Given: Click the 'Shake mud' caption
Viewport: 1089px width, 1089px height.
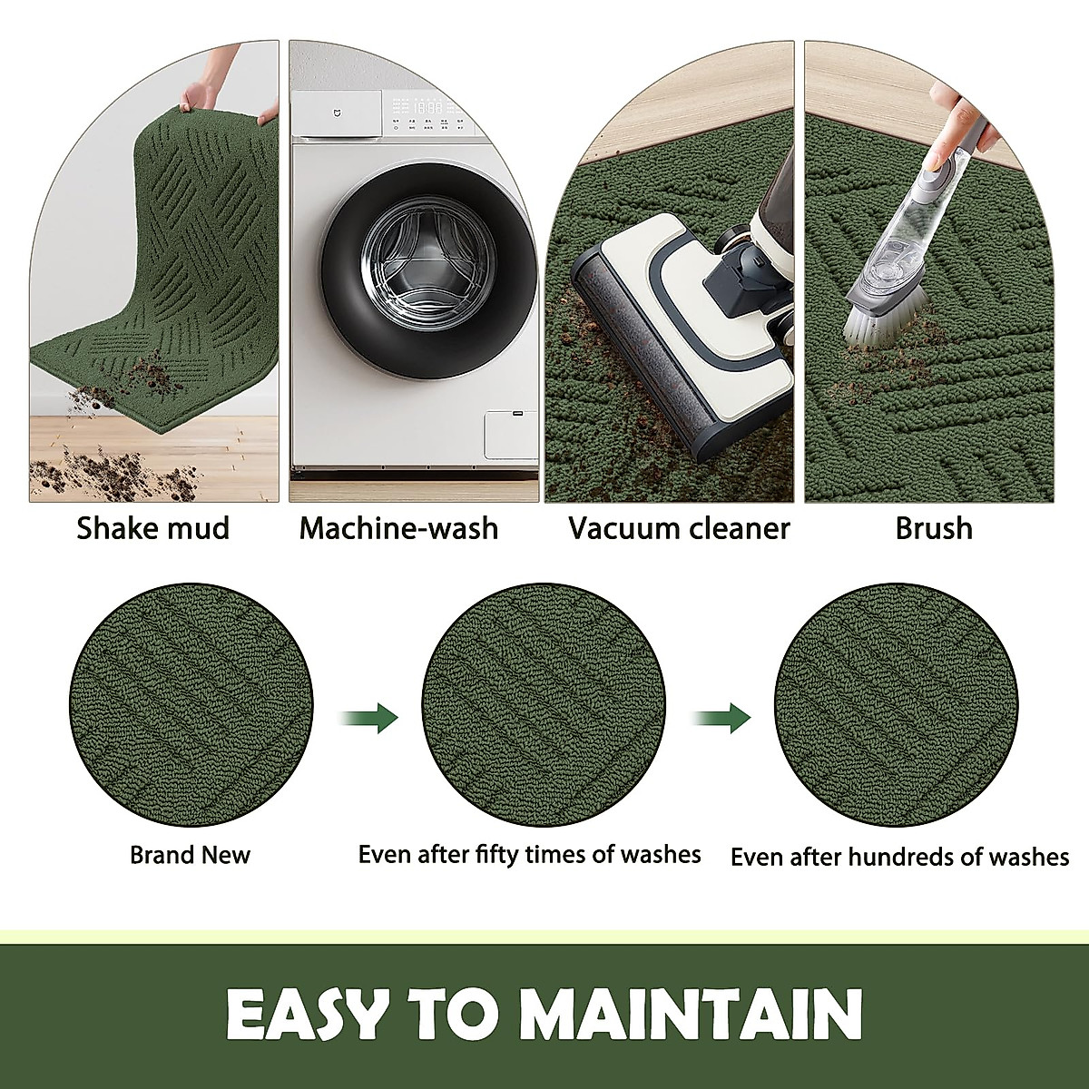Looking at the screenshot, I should (152, 528).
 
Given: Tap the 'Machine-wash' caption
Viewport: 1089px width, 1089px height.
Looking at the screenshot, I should (398, 528).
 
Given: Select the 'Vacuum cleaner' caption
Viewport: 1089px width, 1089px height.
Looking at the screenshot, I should (679, 528).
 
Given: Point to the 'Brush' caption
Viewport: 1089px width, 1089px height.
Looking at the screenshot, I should (934, 528).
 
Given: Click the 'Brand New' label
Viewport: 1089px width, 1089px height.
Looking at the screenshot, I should (190, 855).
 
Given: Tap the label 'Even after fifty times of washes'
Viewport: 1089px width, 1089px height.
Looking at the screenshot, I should (529, 855).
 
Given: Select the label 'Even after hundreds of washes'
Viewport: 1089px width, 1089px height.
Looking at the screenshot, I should (899, 857).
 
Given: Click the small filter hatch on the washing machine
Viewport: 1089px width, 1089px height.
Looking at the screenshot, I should (510, 434).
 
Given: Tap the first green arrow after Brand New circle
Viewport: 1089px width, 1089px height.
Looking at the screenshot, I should (370, 718).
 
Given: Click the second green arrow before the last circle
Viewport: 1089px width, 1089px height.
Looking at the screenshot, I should (723, 718).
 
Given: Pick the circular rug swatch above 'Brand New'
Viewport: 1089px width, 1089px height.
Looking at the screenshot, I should (191, 706).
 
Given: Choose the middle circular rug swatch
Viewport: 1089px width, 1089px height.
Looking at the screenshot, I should (544, 706).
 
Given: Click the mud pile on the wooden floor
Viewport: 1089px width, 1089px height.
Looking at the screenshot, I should (73, 472).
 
